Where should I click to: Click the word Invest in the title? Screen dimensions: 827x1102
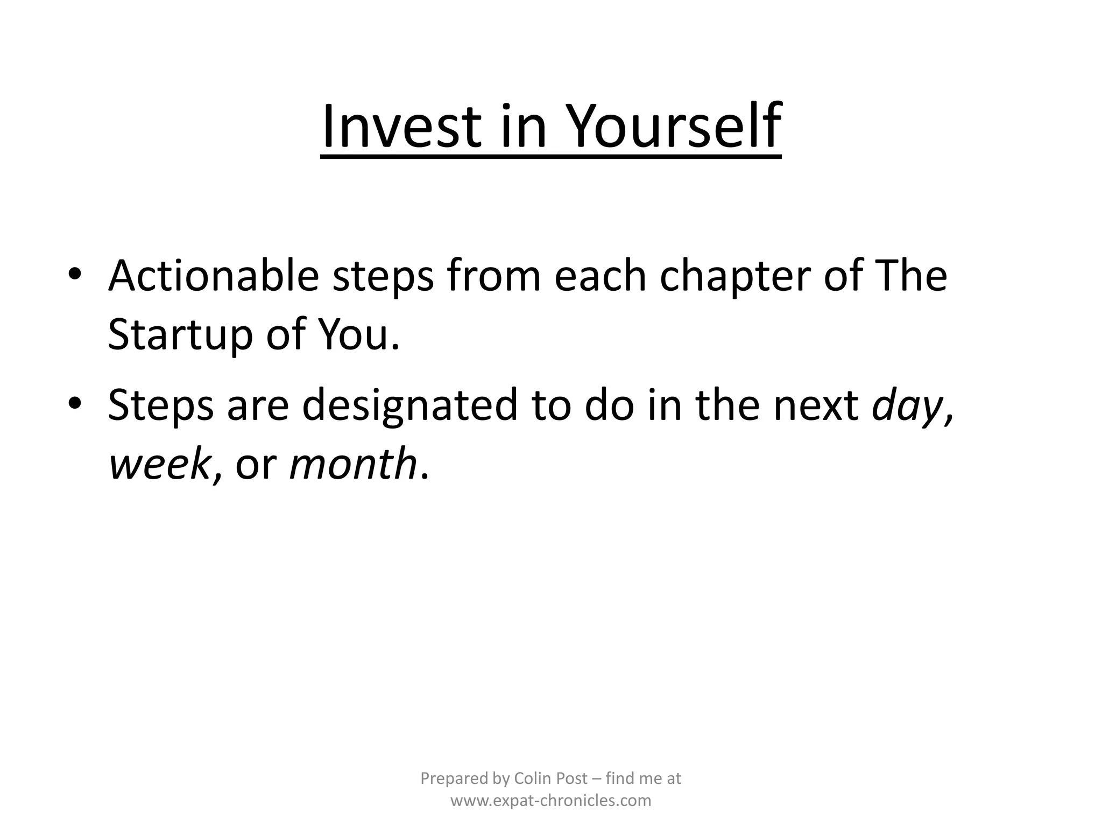[401, 128]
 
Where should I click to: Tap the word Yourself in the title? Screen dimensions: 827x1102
[674, 128]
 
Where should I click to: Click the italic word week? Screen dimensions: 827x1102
[159, 464]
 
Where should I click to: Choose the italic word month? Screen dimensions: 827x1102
[353, 464]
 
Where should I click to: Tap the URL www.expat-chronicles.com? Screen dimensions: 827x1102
[550, 801]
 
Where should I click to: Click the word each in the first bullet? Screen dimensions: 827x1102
[599, 276]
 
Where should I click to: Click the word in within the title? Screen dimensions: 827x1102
[524, 128]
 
